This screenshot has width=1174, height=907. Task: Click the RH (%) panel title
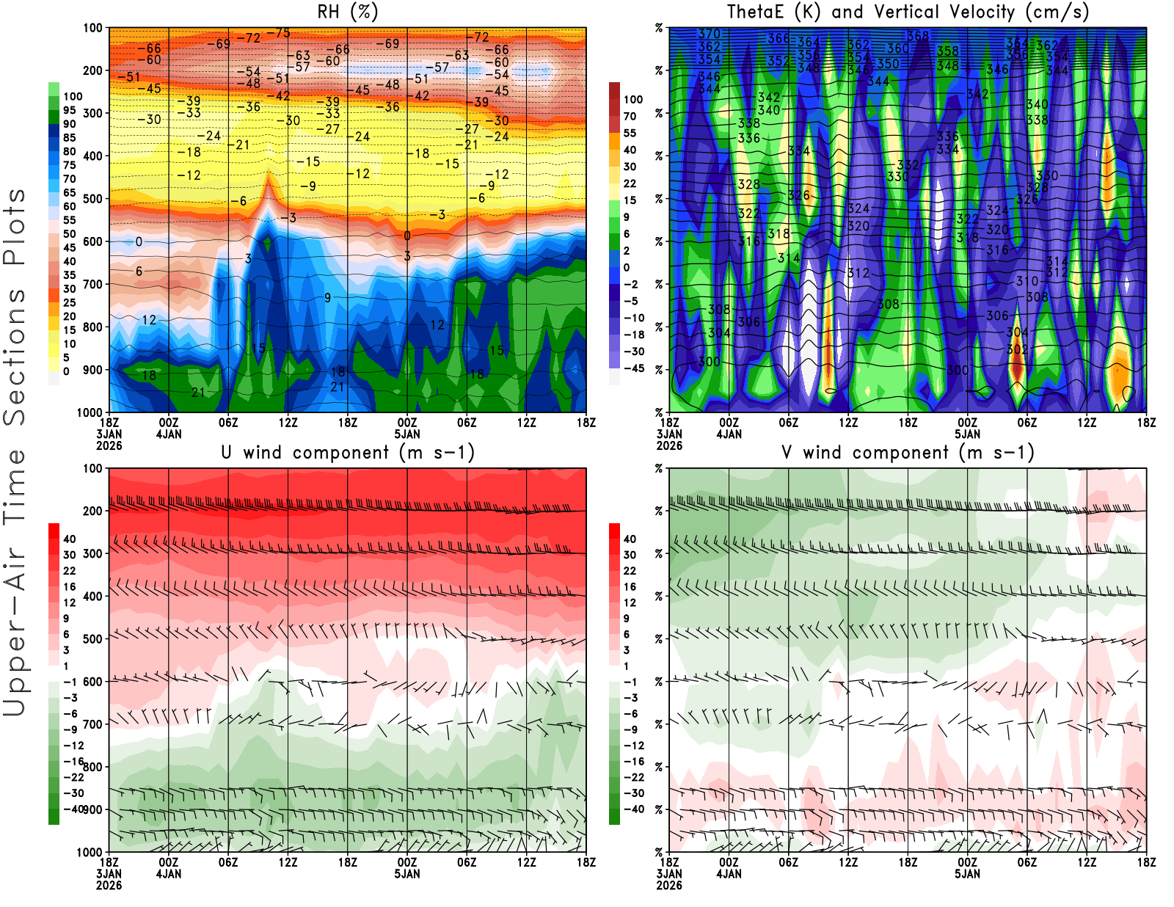[347, 12]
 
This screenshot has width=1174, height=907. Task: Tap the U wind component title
[347, 453]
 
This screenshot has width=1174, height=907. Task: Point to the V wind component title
[908, 453]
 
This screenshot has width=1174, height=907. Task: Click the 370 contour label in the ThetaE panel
[709, 34]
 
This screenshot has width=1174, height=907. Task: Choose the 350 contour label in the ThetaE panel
[888, 64]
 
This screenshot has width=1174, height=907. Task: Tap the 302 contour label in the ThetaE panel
[1017, 350]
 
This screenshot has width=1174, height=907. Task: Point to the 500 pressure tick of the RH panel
[92, 199]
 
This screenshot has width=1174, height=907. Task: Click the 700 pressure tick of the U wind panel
[92, 724]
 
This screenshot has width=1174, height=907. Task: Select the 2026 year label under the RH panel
[109, 446]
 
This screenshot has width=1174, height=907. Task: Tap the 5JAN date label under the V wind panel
[967, 874]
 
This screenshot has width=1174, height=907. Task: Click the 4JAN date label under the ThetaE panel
[729, 434]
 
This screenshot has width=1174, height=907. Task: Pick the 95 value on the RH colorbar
[69, 110]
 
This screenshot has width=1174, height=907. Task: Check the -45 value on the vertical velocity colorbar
[633, 368]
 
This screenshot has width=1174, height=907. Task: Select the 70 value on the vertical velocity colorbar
[630, 116]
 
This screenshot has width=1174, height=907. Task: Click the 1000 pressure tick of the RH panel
[90, 412]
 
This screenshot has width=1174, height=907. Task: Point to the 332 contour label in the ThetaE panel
[908, 165]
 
